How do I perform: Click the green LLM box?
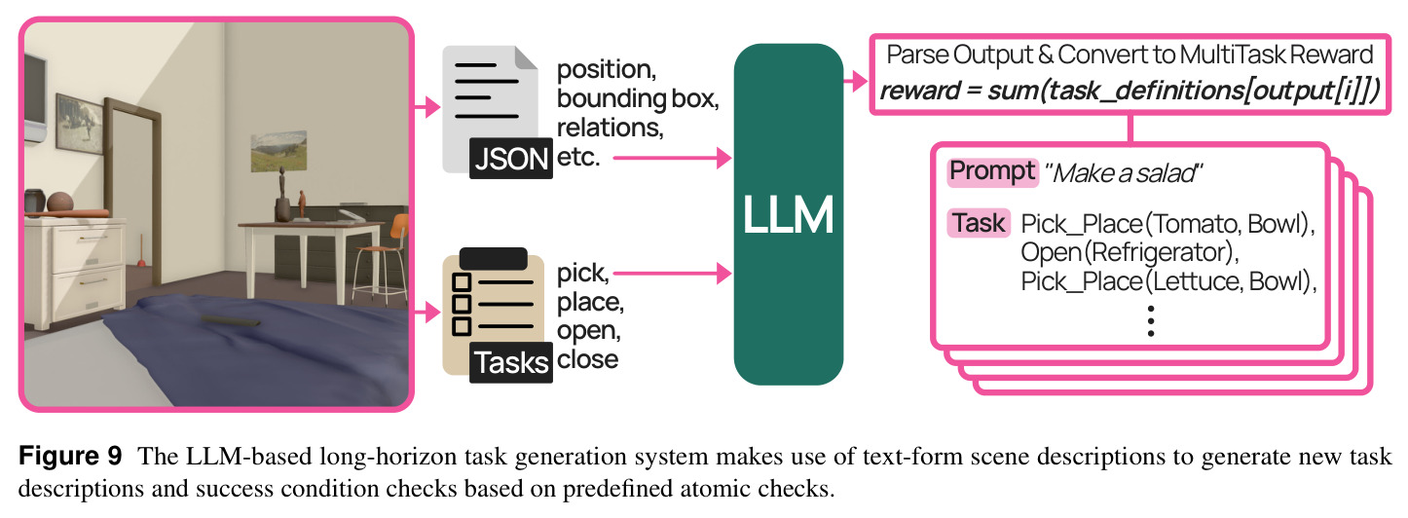point(789,214)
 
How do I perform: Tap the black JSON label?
point(511,159)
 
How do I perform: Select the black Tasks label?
point(511,363)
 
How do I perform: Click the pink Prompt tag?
point(992,172)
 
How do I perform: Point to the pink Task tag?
point(979,223)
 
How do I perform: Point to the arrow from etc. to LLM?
point(672,158)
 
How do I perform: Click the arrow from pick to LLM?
point(672,274)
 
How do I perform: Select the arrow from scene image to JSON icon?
point(426,107)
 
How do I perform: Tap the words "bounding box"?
point(638,98)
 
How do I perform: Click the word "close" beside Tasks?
point(588,359)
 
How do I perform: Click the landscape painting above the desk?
point(279,151)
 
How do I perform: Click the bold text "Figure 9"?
point(70,456)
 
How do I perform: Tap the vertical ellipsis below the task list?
point(1151,320)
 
